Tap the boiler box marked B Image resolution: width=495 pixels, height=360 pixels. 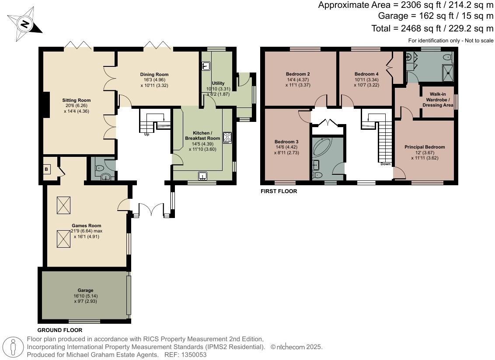coord(46,169)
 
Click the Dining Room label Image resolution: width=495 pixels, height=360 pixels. coord(154,74)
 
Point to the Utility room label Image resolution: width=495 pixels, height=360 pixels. coord(218,83)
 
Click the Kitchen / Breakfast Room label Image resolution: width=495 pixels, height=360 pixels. coord(202,135)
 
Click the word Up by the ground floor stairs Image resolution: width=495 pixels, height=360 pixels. coord(147,134)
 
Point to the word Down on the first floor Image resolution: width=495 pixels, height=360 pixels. coord(385,164)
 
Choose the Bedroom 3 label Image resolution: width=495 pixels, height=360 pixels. coord(286,142)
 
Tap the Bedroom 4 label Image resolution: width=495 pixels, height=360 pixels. coord(366,74)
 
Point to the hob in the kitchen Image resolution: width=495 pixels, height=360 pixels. coord(227,137)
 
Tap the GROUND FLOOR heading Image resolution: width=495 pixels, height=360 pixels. coord(59,330)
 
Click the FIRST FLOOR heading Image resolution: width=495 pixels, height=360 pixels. coord(279,191)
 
